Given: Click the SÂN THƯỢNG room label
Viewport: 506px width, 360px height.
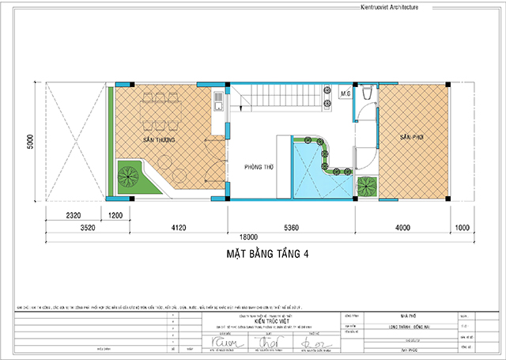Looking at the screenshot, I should pos(159,138).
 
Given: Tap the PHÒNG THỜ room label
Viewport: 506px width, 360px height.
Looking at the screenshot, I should pos(259,167).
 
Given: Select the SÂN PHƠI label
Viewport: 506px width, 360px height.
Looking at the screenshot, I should pos(412,137).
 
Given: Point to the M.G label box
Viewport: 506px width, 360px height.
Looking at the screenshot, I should pos(345,94).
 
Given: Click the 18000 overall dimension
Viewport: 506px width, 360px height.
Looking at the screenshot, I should pos(252,236).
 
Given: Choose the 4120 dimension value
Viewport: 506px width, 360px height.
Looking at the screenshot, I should pos(176,228).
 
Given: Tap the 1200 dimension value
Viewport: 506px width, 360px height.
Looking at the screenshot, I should pos(115,215).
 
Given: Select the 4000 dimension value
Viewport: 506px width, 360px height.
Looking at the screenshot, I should pos(403,228).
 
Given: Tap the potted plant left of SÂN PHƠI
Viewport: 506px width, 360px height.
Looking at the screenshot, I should pos(366,188).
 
